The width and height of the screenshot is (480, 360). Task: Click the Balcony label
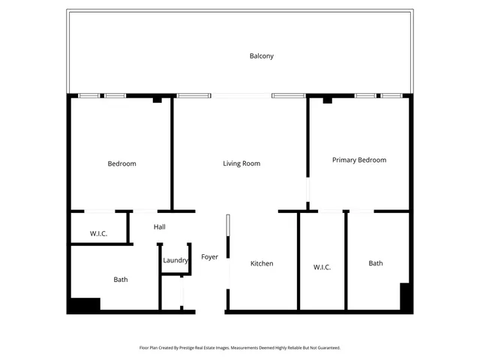[x=262, y=56]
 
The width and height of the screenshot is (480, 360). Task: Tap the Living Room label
[x=241, y=163]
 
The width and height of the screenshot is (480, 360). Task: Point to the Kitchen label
[x=262, y=263]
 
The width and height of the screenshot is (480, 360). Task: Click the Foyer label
[x=210, y=257]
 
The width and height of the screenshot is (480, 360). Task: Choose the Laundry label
[x=175, y=260]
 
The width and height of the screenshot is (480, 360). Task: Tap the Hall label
[x=160, y=226]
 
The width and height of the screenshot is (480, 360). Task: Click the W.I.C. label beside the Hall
[x=99, y=234]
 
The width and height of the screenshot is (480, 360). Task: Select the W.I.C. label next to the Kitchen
[x=322, y=267]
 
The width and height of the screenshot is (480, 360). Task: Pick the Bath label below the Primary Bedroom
[x=376, y=263]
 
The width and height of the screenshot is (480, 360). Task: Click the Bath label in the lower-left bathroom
[x=121, y=280]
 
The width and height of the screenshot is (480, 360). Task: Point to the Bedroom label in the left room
[x=121, y=163]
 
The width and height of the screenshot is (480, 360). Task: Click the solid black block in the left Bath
[x=84, y=305]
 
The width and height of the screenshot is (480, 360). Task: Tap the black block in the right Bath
[x=405, y=296]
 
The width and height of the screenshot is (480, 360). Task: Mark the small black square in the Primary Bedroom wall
[x=327, y=100]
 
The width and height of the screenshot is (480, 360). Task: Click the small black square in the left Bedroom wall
[x=157, y=100]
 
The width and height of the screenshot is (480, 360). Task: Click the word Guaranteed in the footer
[x=326, y=348]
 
